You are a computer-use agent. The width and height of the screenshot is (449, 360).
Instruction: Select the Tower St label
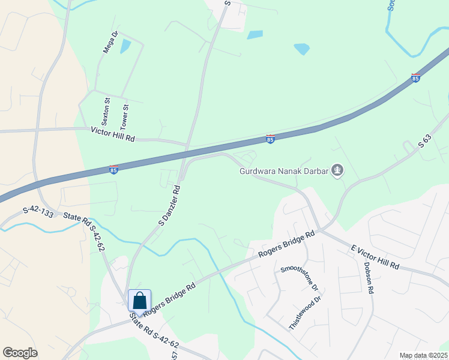point(125,118)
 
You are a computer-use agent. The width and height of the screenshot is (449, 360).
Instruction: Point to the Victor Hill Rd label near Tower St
point(113,134)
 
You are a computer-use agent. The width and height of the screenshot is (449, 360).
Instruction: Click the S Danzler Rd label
point(170,205)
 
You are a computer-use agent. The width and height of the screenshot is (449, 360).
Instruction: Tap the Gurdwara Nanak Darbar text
point(284,171)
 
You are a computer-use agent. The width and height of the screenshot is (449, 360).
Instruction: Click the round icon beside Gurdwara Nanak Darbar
point(338,171)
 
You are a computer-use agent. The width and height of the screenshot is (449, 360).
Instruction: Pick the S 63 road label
point(425,140)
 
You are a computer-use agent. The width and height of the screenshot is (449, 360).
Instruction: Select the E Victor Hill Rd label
point(375,257)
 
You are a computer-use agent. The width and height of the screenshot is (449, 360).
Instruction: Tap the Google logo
point(20,353)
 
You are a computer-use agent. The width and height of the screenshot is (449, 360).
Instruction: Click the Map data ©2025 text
point(423,355)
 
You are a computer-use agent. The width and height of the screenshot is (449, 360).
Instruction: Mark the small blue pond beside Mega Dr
point(125,46)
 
